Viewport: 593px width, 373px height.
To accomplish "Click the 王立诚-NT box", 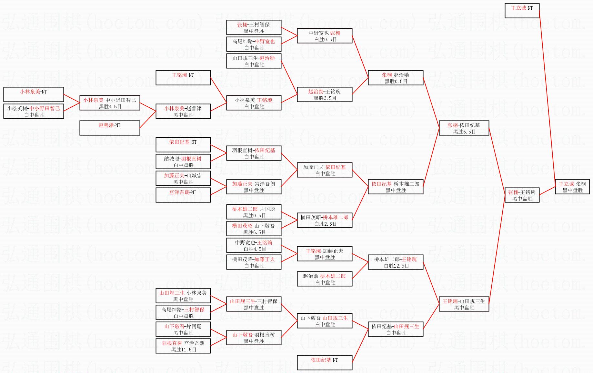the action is click(x=522, y=11).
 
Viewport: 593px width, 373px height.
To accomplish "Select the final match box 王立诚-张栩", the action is click(x=572, y=187).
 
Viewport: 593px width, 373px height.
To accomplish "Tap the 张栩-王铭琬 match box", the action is click(x=522, y=195).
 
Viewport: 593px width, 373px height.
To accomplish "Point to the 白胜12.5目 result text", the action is click(x=396, y=266).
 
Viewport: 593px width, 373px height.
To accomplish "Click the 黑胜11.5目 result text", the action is click(x=184, y=349).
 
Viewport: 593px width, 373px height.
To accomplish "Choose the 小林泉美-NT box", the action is click(x=34, y=94).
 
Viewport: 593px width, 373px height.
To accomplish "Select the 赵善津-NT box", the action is click(x=110, y=128).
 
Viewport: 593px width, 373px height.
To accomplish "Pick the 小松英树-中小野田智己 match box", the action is click(x=34, y=111).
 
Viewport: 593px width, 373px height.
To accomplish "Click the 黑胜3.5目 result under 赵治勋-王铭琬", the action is click(x=325, y=98).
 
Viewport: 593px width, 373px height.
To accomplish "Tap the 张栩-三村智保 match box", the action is click(x=254, y=27).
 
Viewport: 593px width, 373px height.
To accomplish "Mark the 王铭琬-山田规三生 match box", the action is click(x=464, y=304).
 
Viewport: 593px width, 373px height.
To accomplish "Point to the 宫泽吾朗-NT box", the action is click(x=183, y=195).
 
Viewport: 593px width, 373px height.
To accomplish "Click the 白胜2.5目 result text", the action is click(x=325, y=224).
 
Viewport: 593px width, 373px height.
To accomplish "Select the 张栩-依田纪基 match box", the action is click(x=464, y=128).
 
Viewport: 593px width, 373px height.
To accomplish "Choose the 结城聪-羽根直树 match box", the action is click(x=183, y=162).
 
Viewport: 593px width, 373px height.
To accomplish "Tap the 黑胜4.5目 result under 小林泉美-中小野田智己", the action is click(x=110, y=106).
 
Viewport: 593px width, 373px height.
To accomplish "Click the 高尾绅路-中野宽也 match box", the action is click(x=254, y=44).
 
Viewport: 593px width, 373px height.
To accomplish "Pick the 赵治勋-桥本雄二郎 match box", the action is click(x=325, y=279).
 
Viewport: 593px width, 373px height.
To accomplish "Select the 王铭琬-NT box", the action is click(x=183, y=78).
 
